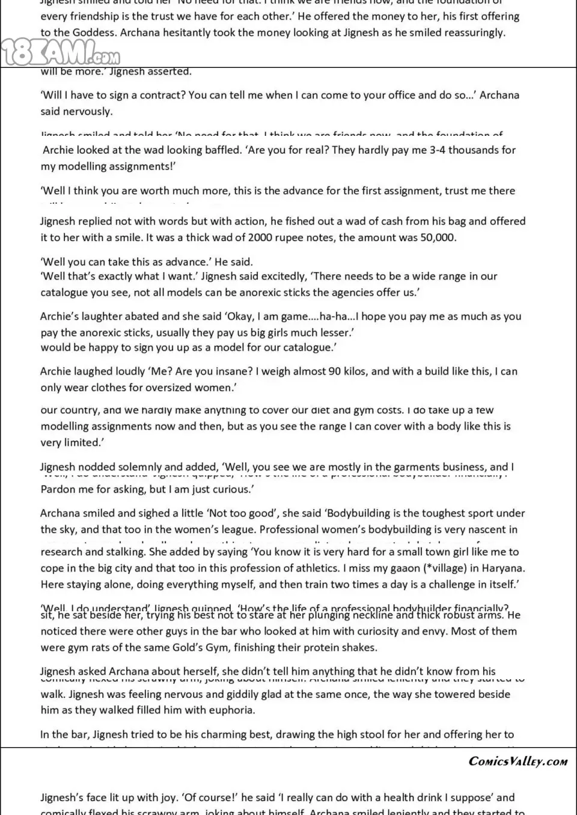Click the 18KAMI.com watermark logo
pos(60,52)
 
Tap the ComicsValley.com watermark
pos(517,761)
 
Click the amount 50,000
pos(438,237)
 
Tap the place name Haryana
pos(504,568)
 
